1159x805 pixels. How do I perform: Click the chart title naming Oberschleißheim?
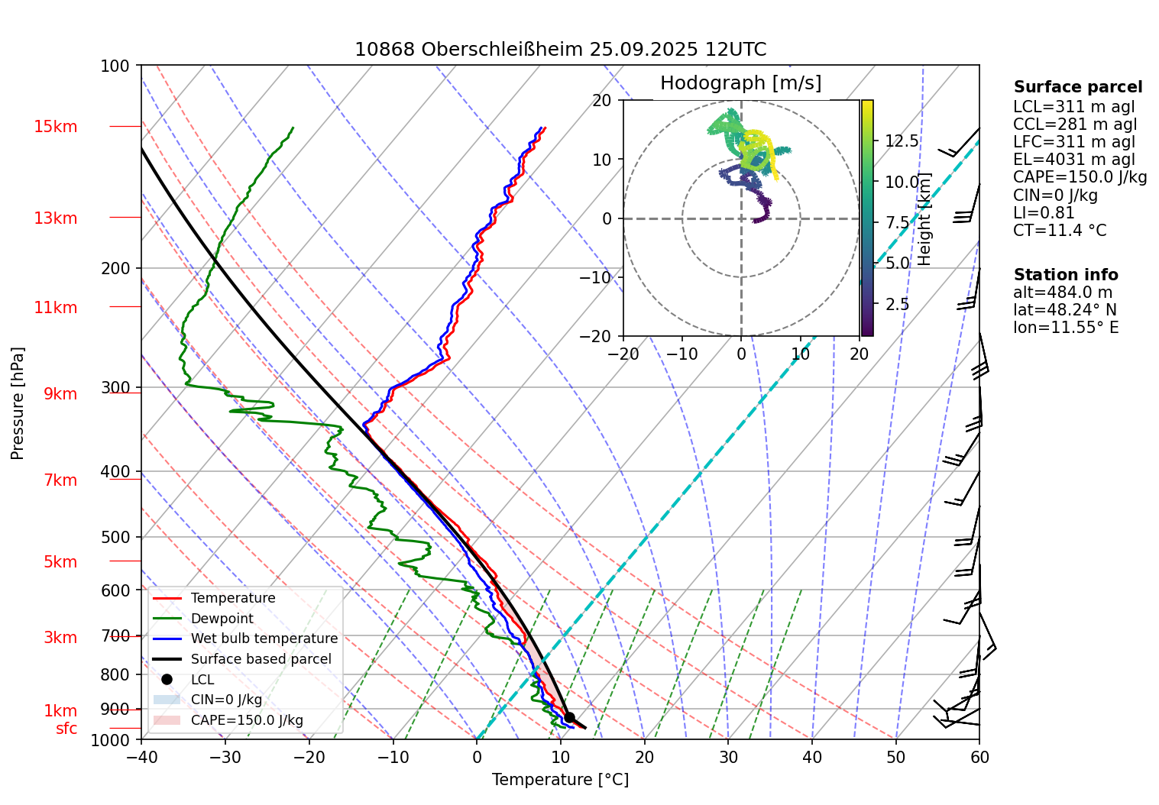tap(560, 50)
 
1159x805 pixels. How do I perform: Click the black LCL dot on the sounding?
tap(569, 717)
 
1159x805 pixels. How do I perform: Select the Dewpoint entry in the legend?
tap(222, 619)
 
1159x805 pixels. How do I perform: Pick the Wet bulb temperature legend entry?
tap(264, 639)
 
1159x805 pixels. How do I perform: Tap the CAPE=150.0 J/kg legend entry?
tap(246, 720)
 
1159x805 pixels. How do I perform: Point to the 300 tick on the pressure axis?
tap(115, 387)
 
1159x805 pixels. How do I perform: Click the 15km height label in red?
tap(56, 127)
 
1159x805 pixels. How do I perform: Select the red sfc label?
tap(66, 729)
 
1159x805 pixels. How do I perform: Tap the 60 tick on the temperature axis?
tap(979, 757)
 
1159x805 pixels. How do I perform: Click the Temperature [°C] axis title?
tap(560, 780)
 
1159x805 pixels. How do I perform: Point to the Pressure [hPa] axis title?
tap(18, 403)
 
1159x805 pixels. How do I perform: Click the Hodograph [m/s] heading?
tap(740, 83)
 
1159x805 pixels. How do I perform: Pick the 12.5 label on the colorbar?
tap(902, 141)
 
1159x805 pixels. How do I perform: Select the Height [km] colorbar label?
tap(925, 218)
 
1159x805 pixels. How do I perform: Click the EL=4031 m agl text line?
tap(1074, 160)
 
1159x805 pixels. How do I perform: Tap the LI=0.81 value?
tap(1044, 213)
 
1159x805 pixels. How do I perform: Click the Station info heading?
tap(1066, 275)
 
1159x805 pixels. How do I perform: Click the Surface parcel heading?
tap(1078, 88)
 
